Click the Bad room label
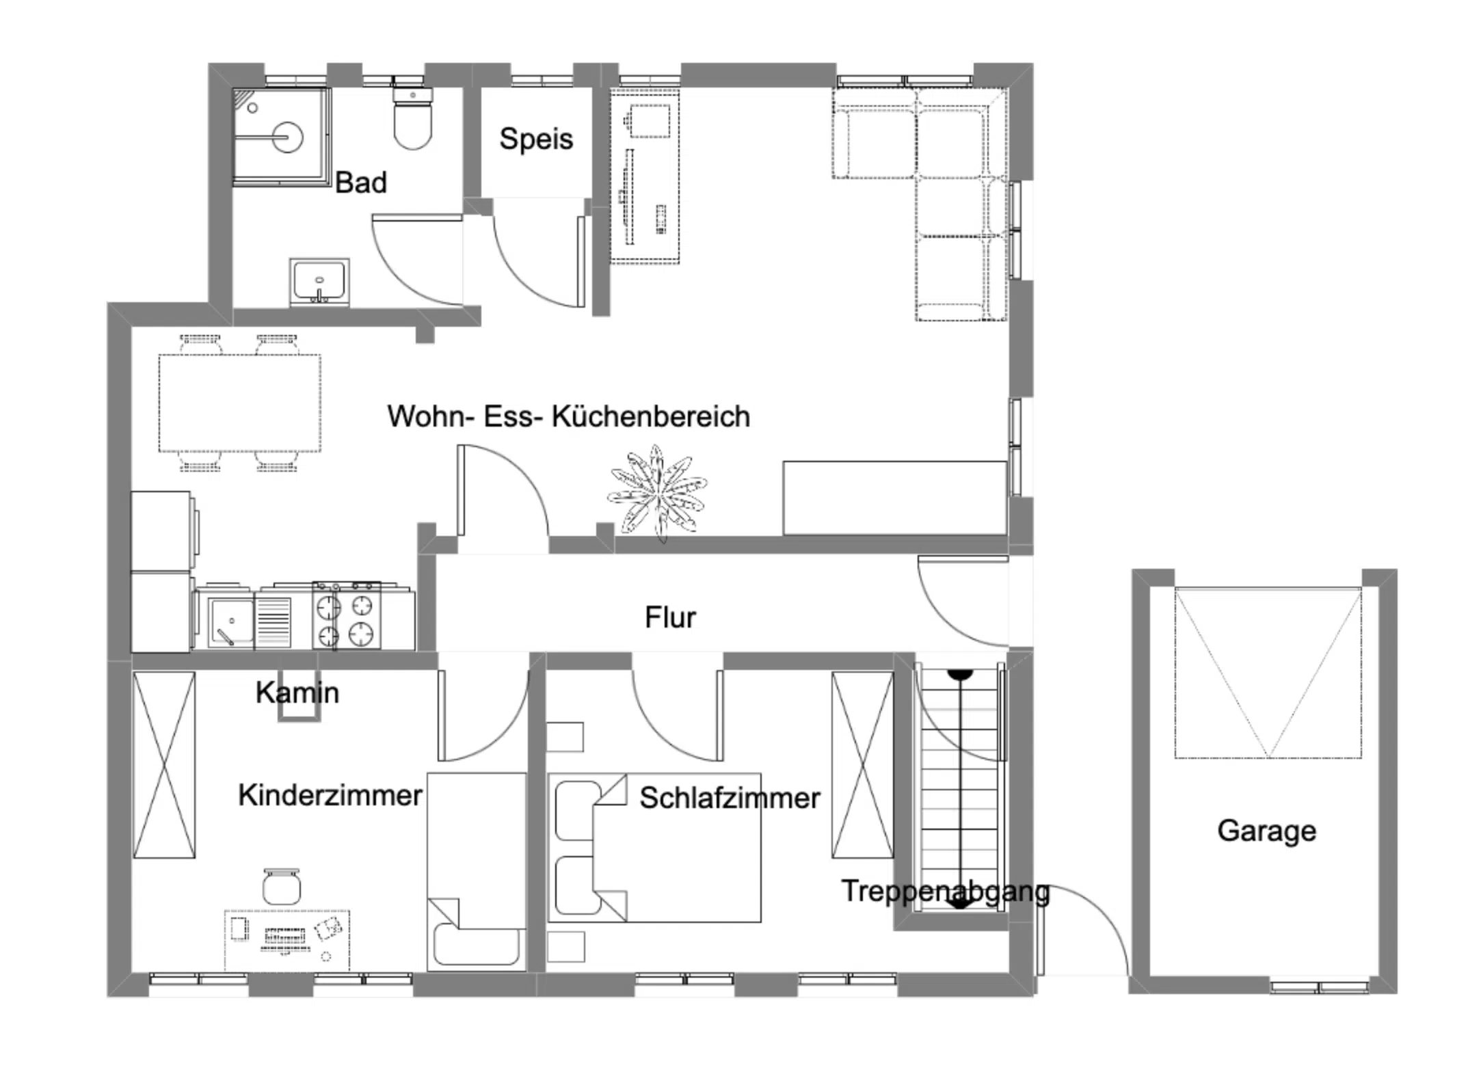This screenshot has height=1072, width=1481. (x=361, y=183)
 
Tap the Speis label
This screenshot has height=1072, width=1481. (x=536, y=139)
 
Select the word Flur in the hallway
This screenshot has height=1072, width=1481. (x=670, y=617)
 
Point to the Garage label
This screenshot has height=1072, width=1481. (x=1266, y=831)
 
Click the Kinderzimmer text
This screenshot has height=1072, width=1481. (x=330, y=795)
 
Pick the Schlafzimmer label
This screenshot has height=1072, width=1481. (x=730, y=798)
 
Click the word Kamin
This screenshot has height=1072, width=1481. (x=297, y=693)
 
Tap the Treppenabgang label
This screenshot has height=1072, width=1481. (x=946, y=892)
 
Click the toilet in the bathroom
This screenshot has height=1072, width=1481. (x=412, y=118)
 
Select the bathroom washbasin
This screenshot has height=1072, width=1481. (x=319, y=281)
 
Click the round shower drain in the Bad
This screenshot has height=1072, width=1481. (x=286, y=137)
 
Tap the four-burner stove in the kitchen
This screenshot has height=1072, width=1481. (x=346, y=615)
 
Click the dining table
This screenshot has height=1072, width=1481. (x=240, y=403)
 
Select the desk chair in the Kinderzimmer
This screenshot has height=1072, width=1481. (x=282, y=886)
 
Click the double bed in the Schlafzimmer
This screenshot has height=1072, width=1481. (x=654, y=848)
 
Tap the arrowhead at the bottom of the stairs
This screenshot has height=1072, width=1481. (x=960, y=902)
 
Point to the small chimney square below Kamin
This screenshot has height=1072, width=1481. (x=299, y=708)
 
